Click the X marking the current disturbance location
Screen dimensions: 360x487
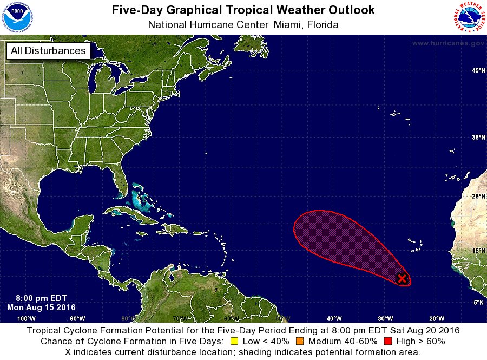coord(402,278)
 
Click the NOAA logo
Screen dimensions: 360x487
coord(17,17)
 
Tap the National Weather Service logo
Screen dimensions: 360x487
coord(469,17)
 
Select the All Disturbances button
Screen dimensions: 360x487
coord(48,51)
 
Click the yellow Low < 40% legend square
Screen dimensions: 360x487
coord(234,342)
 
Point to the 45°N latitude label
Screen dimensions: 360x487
coord(478,71)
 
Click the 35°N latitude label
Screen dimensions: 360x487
coord(478,138)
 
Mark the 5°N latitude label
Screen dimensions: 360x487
coord(478,303)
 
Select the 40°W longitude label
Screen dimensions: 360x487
coord(334,318)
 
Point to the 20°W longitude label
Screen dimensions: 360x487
coord(436,318)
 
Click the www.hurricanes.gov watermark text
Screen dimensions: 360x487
coord(448,43)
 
